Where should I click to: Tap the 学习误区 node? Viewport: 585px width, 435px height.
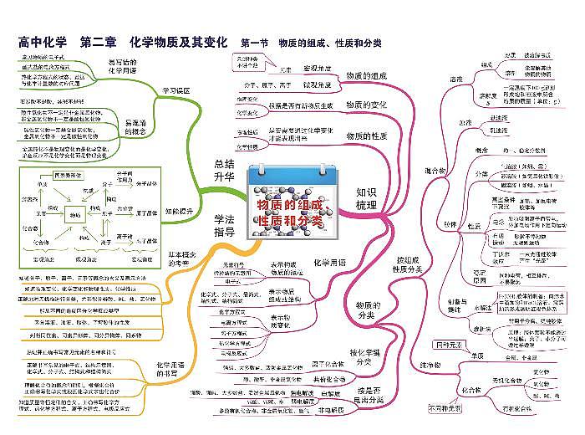(175, 90)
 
